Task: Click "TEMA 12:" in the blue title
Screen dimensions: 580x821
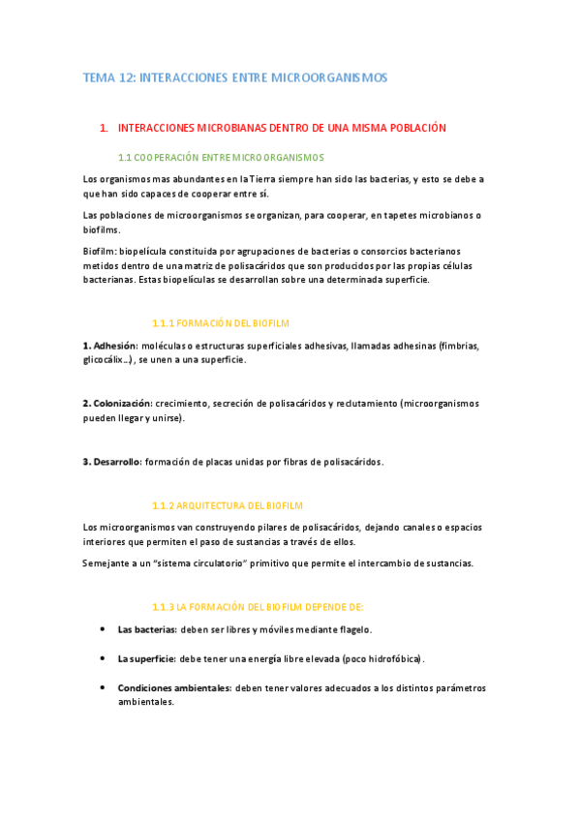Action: [x=108, y=77]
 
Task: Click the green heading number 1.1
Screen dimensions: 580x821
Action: [x=124, y=157]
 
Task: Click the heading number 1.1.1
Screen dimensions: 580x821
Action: [x=167, y=322]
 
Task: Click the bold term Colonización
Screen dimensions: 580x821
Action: [x=117, y=403]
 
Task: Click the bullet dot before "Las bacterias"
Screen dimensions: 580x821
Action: [x=103, y=628]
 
